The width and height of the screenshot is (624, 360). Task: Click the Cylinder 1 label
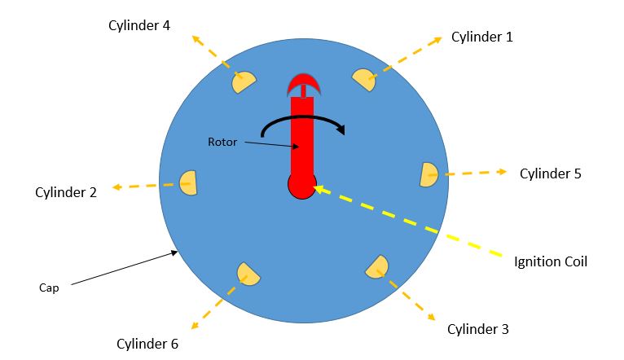pyautogui.click(x=483, y=37)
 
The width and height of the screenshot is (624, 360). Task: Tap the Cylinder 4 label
pyautogui.click(x=139, y=25)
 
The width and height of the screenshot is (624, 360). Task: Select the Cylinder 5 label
pyautogui.click(x=551, y=173)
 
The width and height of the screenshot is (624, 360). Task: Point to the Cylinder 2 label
pyautogui.click(x=66, y=192)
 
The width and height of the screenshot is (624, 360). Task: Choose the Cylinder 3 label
pyautogui.click(x=478, y=329)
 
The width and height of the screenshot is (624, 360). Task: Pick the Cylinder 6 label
pyautogui.click(x=147, y=343)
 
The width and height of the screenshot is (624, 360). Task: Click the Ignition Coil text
pyautogui.click(x=551, y=261)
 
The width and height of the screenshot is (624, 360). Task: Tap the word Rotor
pyautogui.click(x=222, y=142)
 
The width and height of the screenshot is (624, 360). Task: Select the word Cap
pyautogui.click(x=50, y=288)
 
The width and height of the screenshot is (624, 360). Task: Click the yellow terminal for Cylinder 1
pyautogui.click(x=364, y=79)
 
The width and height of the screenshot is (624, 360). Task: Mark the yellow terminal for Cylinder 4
pyautogui.click(x=244, y=81)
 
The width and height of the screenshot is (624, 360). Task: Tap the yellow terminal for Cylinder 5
pyautogui.click(x=429, y=174)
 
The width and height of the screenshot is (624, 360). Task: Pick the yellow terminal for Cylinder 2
pyautogui.click(x=188, y=182)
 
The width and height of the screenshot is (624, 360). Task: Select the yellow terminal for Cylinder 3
pyautogui.click(x=377, y=267)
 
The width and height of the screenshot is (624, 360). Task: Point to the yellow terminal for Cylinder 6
pyautogui.click(x=248, y=274)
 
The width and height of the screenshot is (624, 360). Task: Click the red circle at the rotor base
pyautogui.click(x=301, y=185)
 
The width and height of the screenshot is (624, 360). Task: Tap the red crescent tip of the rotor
pyautogui.click(x=302, y=82)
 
